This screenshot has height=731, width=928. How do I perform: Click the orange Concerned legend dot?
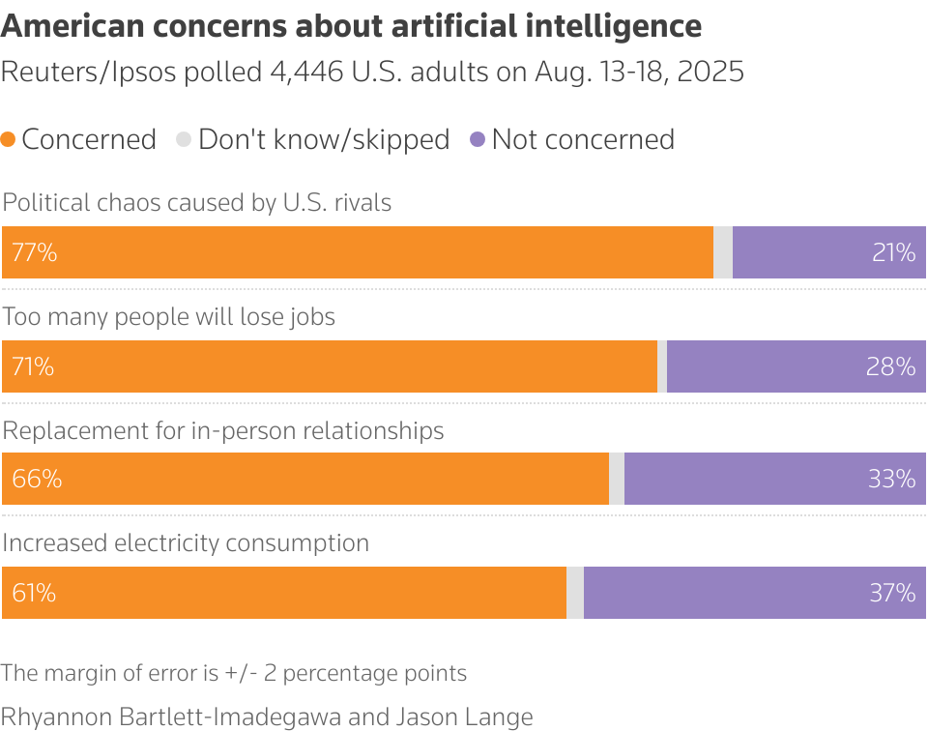click(x=9, y=140)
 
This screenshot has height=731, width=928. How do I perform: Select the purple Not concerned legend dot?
click(x=477, y=140)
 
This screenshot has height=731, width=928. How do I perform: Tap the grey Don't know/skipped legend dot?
click(x=184, y=140)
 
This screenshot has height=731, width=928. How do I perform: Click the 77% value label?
click(x=35, y=252)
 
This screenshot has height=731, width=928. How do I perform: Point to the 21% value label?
click(x=892, y=252)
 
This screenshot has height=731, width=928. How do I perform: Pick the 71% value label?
click(x=33, y=366)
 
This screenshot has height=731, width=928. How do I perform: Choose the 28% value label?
click(x=891, y=366)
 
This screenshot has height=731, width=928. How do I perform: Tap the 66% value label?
click(x=37, y=479)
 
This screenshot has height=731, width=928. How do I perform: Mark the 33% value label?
click(x=891, y=479)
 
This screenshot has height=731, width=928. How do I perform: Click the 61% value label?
click(x=34, y=593)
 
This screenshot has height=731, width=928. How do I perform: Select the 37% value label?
click(x=891, y=593)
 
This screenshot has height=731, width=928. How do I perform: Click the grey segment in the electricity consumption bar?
click(x=575, y=593)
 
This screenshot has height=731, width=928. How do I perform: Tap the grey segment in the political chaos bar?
click(x=723, y=252)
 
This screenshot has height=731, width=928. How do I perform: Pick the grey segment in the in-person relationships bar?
click(x=617, y=479)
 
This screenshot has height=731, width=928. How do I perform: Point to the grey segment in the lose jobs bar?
click(x=662, y=366)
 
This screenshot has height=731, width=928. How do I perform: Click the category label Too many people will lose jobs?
click(x=169, y=317)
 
